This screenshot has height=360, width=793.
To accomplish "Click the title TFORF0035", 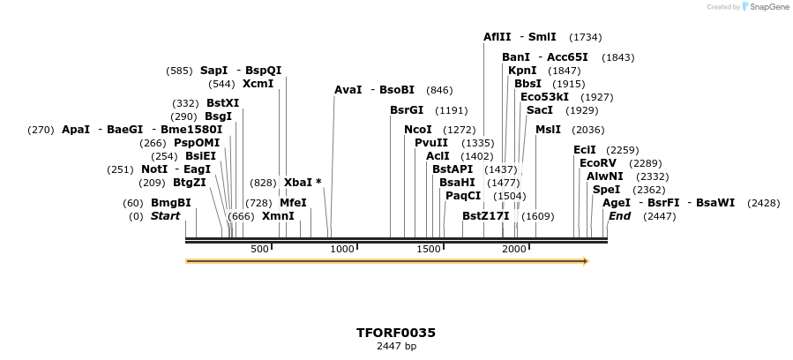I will tap(395, 333).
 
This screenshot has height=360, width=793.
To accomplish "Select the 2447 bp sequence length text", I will tap(395, 347).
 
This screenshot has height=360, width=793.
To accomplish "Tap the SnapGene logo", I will tap(764, 6).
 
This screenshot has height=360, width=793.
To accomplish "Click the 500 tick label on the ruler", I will tap(259, 250).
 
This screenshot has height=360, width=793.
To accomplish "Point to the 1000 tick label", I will tap(341, 250).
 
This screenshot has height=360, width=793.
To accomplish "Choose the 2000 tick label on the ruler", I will tap(514, 250).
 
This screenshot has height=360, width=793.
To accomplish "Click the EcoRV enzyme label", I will tap(597, 163).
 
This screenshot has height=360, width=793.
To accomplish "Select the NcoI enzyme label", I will tap(417, 130).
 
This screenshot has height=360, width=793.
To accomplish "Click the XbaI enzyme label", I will tap(298, 183).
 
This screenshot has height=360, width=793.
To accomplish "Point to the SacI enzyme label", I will tap(539, 110).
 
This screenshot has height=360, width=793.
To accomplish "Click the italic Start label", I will tap(165, 216).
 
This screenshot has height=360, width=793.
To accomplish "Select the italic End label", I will tap(619, 216).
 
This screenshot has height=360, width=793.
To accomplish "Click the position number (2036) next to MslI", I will tap(588, 130).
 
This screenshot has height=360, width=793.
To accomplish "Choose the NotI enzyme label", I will tap(154, 169).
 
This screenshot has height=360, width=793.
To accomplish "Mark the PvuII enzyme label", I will tap(430, 143).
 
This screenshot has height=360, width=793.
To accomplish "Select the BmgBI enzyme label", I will tap(170, 203).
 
